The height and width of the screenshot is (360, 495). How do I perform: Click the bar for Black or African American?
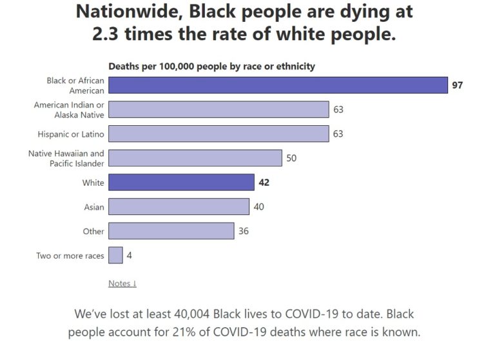[x=278, y=85]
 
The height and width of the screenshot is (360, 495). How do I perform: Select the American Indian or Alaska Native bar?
[x=218, y=110]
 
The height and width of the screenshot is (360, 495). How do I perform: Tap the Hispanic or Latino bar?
[x=218, y=134]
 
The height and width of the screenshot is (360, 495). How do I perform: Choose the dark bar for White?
[x=181, y=183]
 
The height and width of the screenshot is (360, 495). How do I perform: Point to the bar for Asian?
[x=179, y=206]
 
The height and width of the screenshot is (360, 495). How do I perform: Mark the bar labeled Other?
[x=171, y=231]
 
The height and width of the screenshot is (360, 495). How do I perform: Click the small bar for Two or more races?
[x=115, y=255]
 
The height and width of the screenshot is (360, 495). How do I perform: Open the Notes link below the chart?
[x=122, y=283]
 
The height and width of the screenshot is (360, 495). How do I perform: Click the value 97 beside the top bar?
[x=457, y=85]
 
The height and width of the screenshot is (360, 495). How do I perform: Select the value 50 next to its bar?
[x=291, y=158]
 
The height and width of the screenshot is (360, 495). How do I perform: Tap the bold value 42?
[x=264, y=183]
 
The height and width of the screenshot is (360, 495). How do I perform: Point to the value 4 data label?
[x=130, y=255]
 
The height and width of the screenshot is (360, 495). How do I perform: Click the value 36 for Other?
[x=243, y=231]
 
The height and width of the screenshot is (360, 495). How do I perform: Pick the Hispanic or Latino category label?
[x=71, y=134]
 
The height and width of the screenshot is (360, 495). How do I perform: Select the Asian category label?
[x=93, y=207]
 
